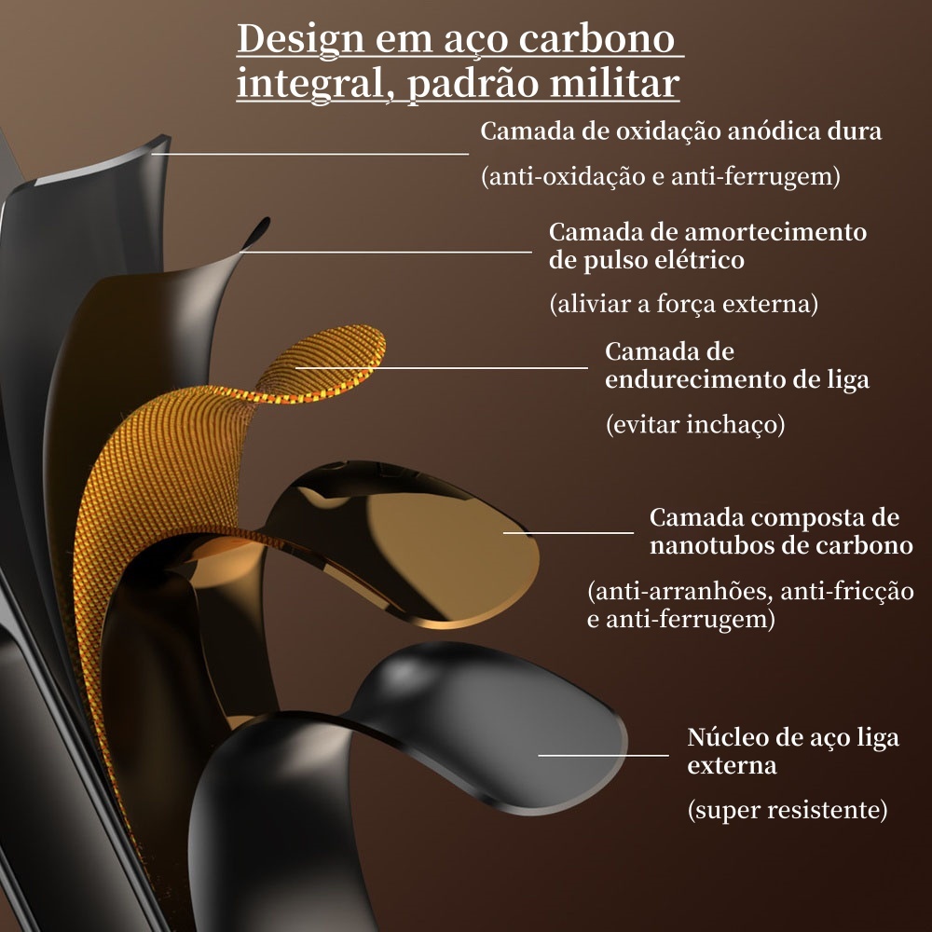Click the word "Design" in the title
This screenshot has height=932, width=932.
click(x=300, y=39)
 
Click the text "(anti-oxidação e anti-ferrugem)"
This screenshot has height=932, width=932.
click(x=661, y=176)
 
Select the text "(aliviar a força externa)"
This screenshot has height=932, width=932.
click(x=683, y=304)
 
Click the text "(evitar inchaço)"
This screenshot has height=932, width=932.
click(x=695, y=424)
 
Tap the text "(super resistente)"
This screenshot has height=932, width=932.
click(x=787, y=810)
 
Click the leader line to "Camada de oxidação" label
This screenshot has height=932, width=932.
click(x=309, y=154)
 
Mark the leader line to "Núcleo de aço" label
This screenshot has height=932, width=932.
click(x=603, y=756)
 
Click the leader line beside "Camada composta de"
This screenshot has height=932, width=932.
click(x=569, y=532)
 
